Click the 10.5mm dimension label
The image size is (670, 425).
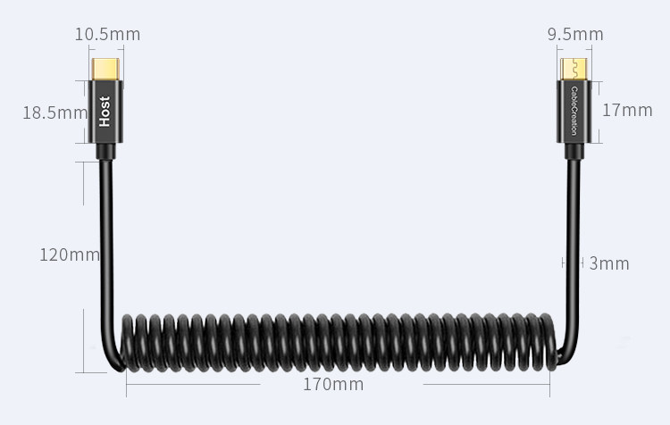pos(107,34)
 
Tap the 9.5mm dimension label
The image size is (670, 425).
pos(575,34)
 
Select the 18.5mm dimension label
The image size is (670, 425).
pos(54,112)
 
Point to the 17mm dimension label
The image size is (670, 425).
pos(627,110)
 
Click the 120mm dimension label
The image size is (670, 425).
pos(69,255)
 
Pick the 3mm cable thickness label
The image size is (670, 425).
pos(609,263)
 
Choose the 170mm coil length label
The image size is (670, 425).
pos(333,385)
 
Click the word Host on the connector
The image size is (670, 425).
pos(105,112)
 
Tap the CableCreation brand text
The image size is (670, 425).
pos(574,111)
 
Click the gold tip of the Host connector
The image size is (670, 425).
pos(105,69)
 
